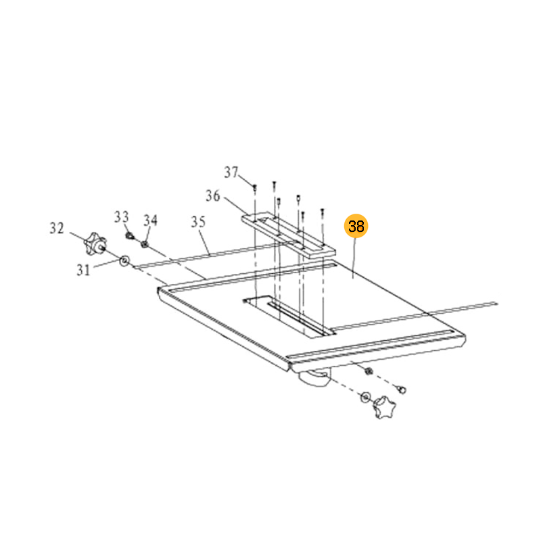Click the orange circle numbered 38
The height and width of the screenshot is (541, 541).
tap(356, 226)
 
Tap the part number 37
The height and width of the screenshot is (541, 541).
tap(231, 172)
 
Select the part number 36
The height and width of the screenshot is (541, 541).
tap(212, 196)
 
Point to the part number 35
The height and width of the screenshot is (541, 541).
tap(198, 222)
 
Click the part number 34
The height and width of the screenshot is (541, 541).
tap(150, 220)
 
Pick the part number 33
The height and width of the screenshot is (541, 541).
tap(122, 217)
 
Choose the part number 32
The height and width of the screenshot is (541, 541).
tap(57, 228)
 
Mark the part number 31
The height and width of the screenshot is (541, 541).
tap(83, 270)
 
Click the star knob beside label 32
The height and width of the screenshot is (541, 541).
tap(95, 243)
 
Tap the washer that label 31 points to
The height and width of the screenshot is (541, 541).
tap(124, 260)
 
